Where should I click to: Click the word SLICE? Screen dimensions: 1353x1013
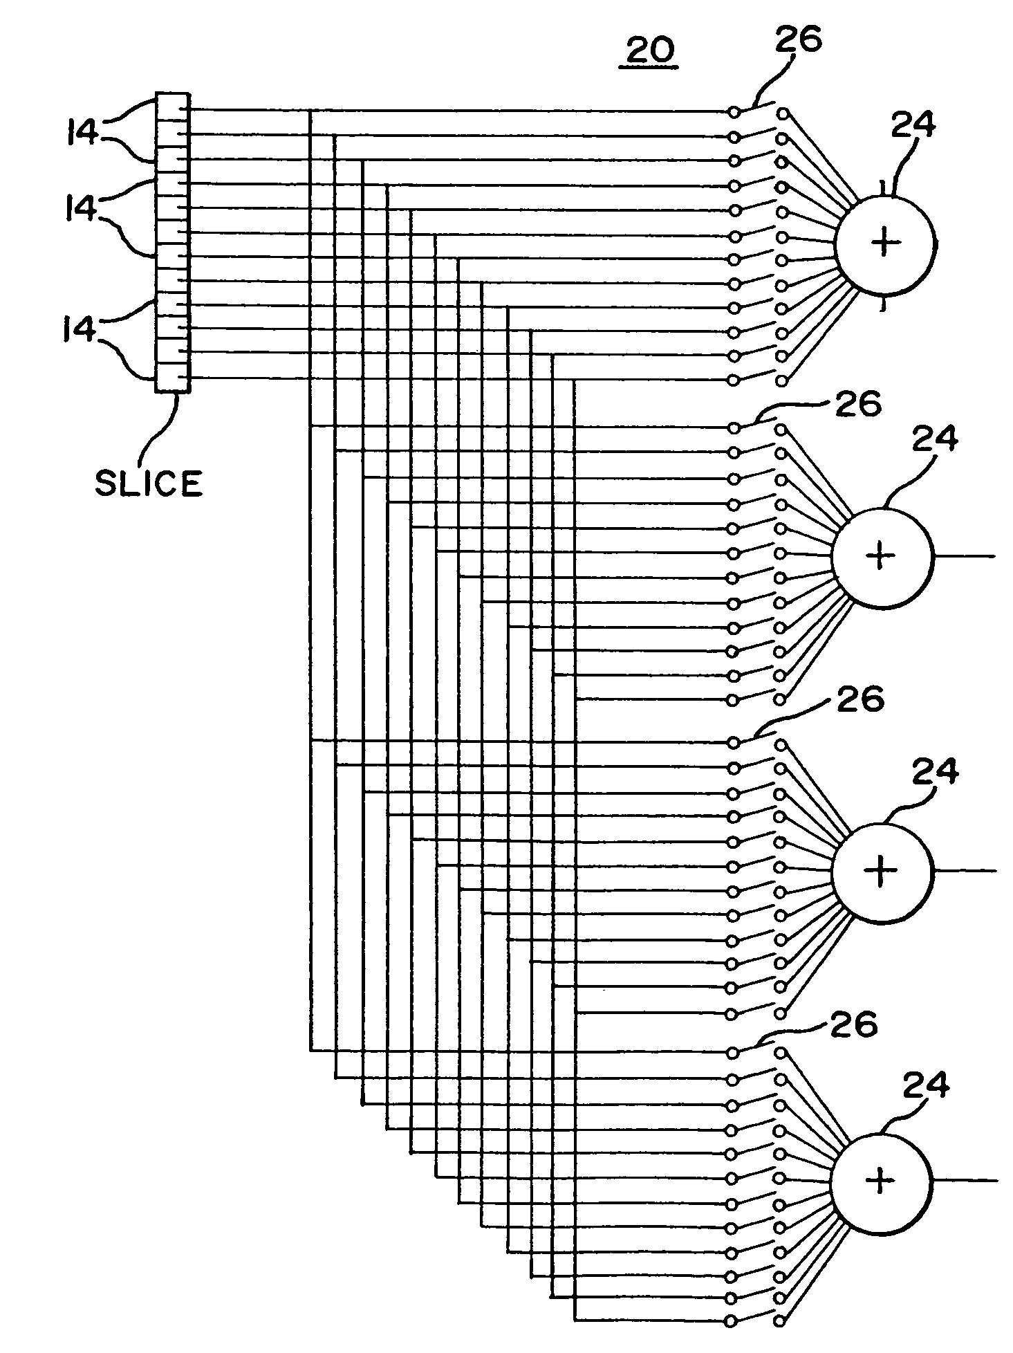point(149,483)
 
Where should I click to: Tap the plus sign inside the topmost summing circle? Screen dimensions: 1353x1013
point(886,243)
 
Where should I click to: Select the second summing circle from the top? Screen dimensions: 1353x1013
point(882,558)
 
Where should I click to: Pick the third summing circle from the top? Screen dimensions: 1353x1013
point(882,872)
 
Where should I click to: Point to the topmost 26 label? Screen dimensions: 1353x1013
point(798,39)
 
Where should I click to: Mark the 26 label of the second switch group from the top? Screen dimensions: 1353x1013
point(858,405)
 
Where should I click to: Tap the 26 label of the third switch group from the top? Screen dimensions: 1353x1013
point(860,700)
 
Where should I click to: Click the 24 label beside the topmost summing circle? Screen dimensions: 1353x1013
point(913,126)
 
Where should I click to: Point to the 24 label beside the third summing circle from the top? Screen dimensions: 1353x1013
point(936,771)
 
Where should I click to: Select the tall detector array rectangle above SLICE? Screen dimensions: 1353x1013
point(172,242)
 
